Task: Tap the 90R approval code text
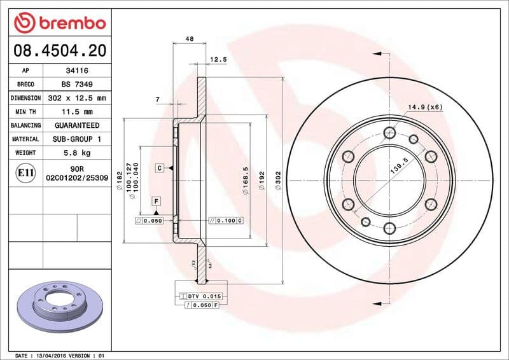(x=76, y=168)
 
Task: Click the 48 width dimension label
(x=189, y=39)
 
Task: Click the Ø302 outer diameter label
(x=277, y=181)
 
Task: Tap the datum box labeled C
(x=160, y=167)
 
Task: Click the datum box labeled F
(x=155, y=202)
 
